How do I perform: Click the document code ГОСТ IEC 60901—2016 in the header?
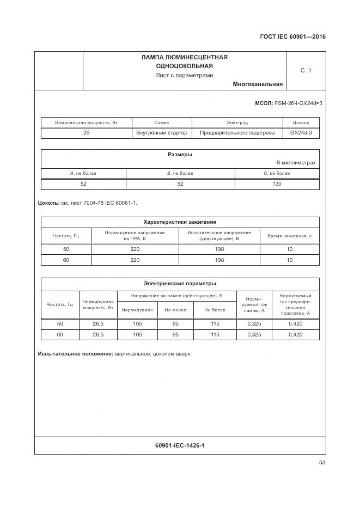[x=292, y=38]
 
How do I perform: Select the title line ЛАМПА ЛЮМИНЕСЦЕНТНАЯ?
[x=184, y=57]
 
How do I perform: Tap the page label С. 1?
[x=306, y=70]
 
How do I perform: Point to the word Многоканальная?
[x=257, y=84]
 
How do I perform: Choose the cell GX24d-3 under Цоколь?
[x=301, y=133]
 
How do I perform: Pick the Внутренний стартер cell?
[x=162, y=133]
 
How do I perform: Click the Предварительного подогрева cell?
[x=237, y=133]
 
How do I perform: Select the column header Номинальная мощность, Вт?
[x=86, y=123]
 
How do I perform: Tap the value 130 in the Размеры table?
[x=277, y=184]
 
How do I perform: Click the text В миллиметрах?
[x=296, y=163]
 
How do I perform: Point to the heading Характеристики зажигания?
[x=180, y=222]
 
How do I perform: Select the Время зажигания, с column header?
[x=289, y=236]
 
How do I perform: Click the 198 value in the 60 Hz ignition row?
[x=219, y=260]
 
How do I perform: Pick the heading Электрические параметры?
[x=180, y=283]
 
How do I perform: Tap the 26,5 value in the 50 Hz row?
[x=98, y=324]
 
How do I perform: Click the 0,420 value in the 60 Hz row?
[x=295, y=334]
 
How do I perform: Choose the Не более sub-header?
[x=215, y=310]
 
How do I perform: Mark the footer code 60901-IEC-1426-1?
[x=180, y=446]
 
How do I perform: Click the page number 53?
[x=322, y=463]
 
